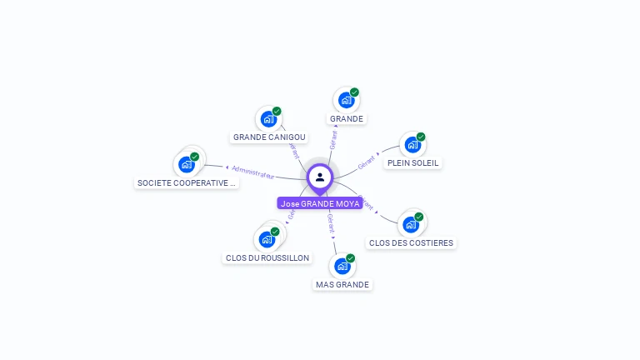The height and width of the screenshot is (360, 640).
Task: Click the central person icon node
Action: point(320,177)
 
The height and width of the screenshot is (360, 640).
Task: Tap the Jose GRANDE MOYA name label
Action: point(320,203)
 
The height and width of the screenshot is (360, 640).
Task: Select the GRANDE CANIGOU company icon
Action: point(268,119)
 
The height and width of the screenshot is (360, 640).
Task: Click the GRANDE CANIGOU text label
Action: point(269,137)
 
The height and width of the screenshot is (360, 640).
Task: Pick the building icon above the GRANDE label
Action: point(346,101)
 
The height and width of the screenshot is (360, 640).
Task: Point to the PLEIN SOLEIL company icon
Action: point(412,145)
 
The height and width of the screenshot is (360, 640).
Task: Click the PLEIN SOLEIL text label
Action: point(413,163)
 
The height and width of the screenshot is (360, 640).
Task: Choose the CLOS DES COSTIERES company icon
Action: point(410,224)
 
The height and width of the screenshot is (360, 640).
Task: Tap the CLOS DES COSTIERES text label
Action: point(412,243)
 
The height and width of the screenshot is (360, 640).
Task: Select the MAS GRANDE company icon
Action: point(342,267)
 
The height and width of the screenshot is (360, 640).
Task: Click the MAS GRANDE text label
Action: point(342,285)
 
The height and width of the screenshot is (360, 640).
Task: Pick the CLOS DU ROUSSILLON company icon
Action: point(267,239)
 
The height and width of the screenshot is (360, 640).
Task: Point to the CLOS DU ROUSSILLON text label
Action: point(267,258)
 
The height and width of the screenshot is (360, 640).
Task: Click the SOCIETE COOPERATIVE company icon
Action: point(187,164)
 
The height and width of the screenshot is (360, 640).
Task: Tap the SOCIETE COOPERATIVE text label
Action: point(187,182)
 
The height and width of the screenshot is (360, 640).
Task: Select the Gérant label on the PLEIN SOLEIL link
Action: point(366,163)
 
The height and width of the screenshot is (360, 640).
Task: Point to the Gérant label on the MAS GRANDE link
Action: point(331,222)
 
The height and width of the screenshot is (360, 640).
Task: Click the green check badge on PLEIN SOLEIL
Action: point(421,137)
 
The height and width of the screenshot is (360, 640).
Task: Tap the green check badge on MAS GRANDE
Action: point(351,258)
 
